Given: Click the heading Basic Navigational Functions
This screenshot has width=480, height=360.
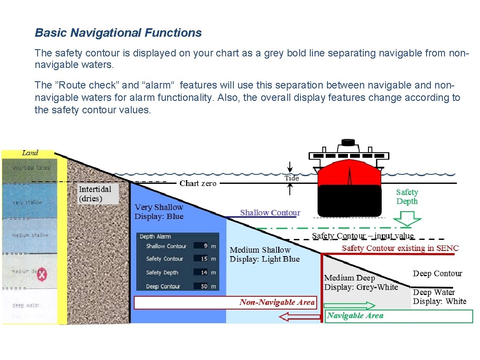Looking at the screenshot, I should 118,33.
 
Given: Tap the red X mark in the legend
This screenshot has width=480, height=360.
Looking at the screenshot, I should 41,276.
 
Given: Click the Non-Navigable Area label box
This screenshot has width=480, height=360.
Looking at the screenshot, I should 226,302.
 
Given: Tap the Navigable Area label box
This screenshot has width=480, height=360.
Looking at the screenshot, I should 398,316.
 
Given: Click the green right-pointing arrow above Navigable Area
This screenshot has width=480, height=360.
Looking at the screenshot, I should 349,306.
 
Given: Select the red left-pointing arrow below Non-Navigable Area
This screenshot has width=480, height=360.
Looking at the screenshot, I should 299,317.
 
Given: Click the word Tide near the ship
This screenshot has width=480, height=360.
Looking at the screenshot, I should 292,178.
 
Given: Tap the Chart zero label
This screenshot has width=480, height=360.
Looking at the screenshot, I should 198,183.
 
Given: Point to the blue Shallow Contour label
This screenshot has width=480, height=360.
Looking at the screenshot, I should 270,212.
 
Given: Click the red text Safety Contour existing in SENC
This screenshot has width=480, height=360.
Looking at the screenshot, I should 400,248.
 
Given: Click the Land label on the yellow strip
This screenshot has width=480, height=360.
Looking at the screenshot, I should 30,153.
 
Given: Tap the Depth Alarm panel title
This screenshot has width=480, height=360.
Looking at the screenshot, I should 155,236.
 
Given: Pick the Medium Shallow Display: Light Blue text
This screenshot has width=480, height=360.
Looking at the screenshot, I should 265,254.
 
